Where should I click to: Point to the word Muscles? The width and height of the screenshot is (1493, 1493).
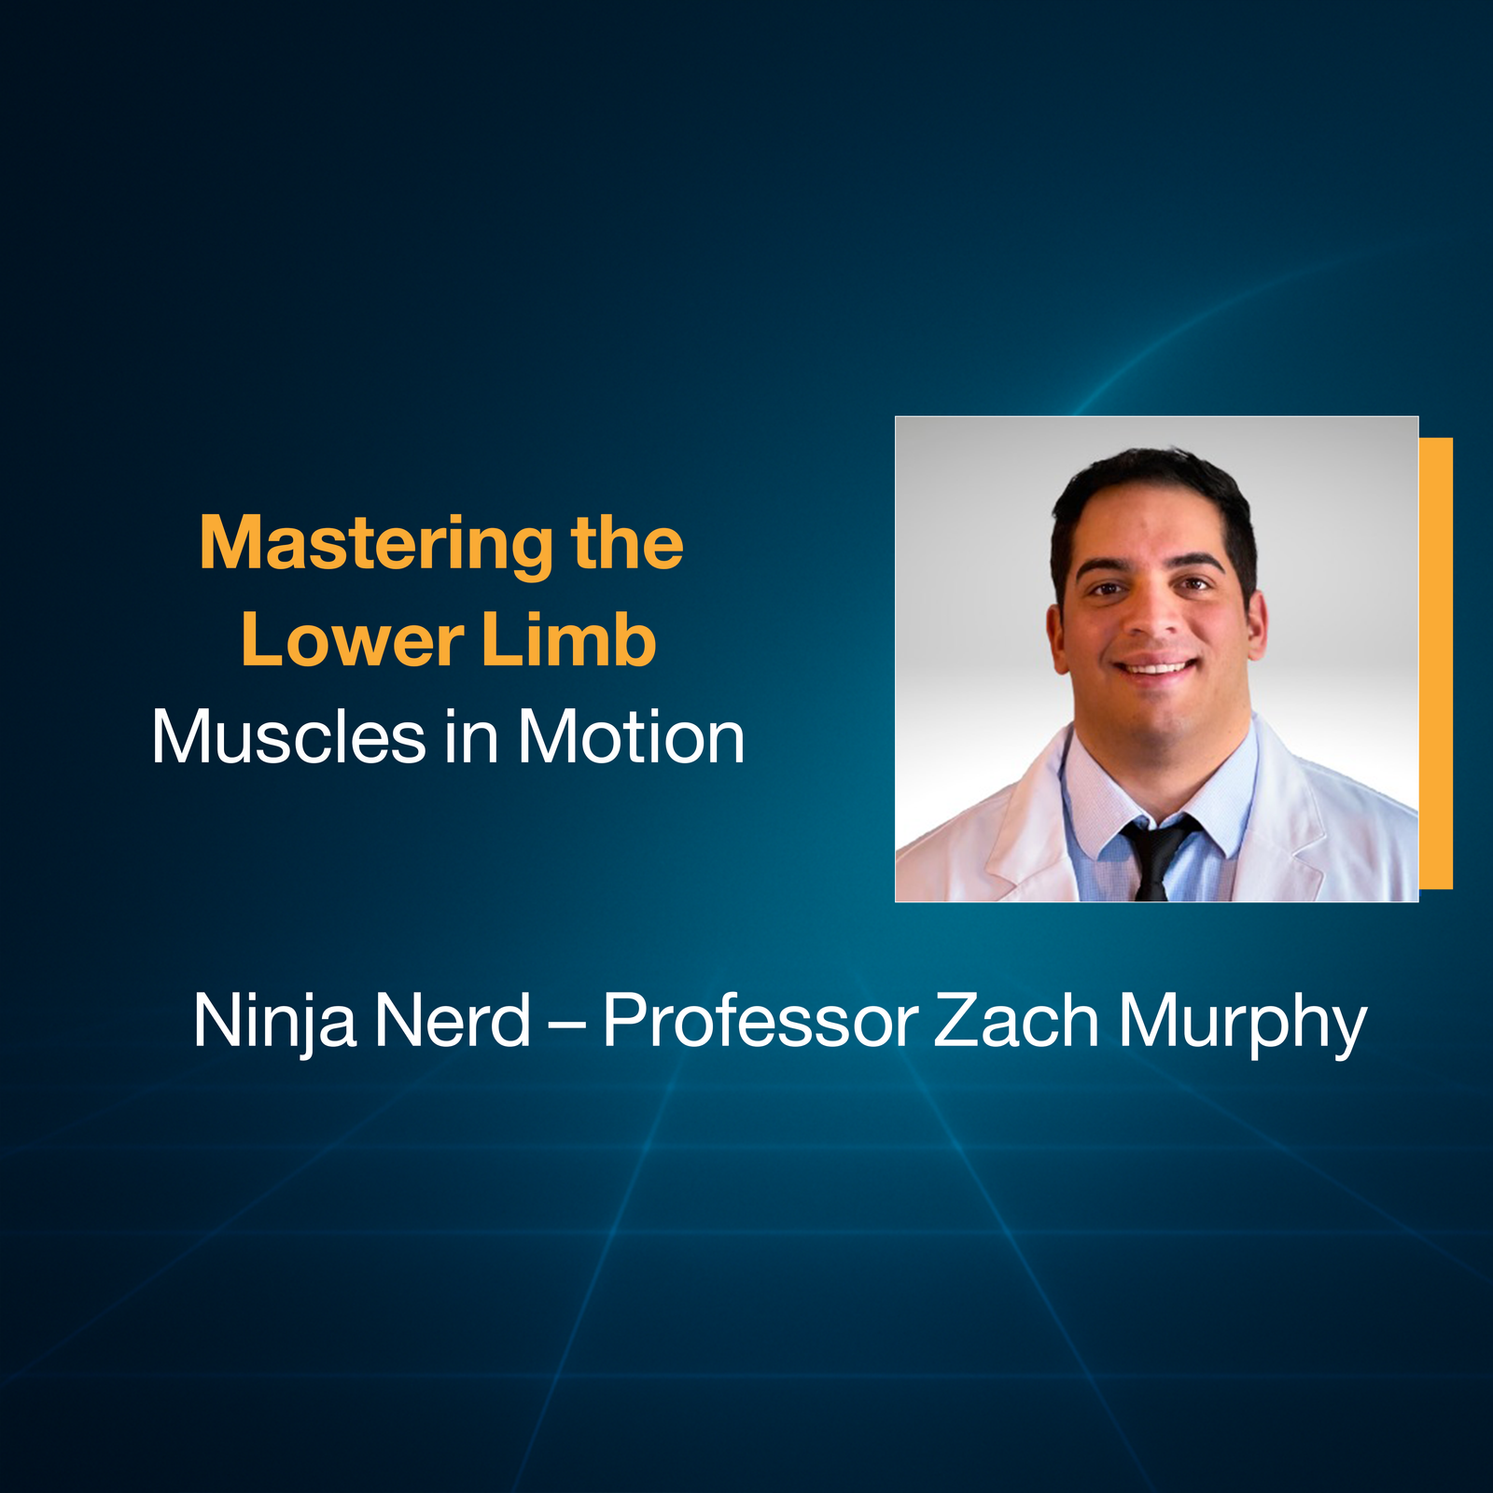pos(288,738)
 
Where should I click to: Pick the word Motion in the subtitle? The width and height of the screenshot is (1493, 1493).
pos(632,738)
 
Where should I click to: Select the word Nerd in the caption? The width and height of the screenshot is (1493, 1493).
pos(453,1022)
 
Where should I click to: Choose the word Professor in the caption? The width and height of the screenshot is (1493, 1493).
pos(760,1022)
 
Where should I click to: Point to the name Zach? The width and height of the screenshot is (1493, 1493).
pos(1016,1022)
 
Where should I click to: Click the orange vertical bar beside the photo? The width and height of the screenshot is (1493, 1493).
pos(1436,663)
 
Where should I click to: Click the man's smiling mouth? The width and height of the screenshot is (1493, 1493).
pos(1157,667)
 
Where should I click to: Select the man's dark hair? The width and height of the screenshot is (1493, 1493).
pos(1152,485)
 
